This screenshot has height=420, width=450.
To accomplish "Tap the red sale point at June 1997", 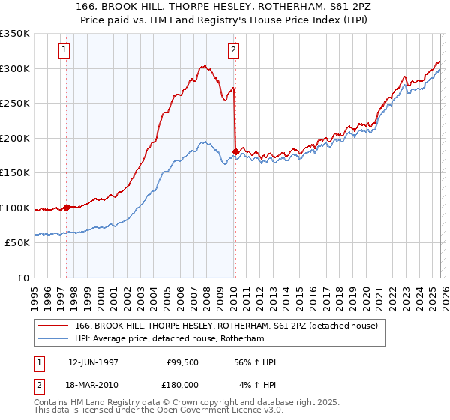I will click(x=67, y=208).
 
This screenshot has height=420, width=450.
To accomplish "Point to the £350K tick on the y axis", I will click(x=15, y=34).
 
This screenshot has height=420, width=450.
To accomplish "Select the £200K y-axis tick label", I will click(x=15, y=138).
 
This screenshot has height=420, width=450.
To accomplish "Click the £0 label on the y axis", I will click(x=22, y=277).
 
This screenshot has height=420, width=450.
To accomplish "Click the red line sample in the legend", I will click(x=54, y=325).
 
